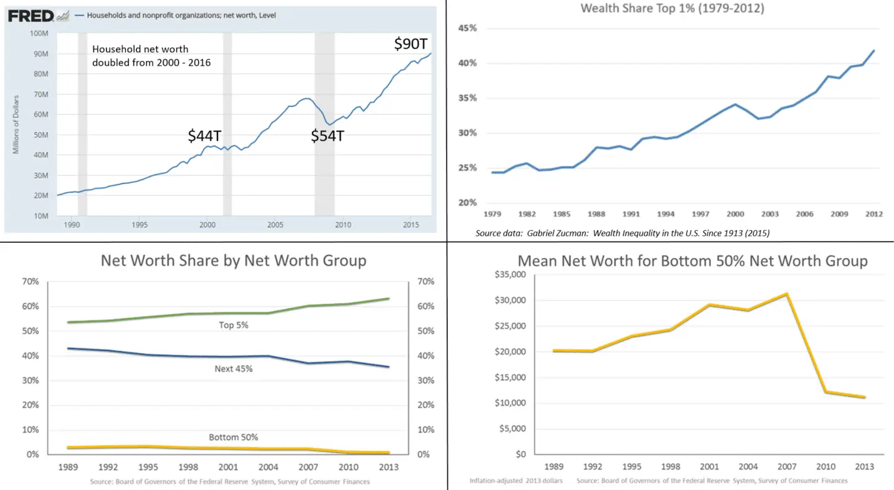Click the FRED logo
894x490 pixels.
[31, 16]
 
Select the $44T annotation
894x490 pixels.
[205, 136]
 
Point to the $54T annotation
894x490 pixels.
[327, 135]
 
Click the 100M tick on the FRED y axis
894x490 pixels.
[40, 34]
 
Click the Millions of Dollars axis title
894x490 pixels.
[16, 124]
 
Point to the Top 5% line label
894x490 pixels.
[233, 325]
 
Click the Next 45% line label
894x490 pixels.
[233, 369]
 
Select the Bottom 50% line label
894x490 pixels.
[233, 437]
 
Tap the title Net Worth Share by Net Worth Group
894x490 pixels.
[233, 260]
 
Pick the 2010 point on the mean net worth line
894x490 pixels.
[826, 392]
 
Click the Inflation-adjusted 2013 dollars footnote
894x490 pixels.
[516, 481]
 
